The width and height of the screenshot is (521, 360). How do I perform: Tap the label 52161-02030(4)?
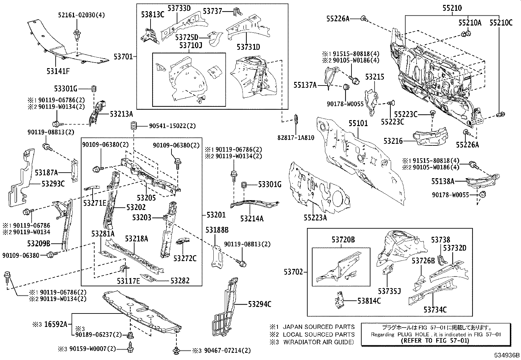(77, 15)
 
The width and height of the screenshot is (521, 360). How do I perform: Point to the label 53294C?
(260, 304)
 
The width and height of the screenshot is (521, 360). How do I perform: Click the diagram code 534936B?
(507, 355)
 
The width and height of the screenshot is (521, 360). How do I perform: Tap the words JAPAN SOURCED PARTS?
(318, 327)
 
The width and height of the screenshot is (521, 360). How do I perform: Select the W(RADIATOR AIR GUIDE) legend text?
(318, 342)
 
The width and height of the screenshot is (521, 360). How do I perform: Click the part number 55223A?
(315, 217)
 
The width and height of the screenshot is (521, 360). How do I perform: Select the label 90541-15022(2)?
(172, 126)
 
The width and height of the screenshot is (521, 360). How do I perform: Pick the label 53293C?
(53, 183)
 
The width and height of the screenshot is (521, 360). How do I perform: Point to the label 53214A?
(252, 218)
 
